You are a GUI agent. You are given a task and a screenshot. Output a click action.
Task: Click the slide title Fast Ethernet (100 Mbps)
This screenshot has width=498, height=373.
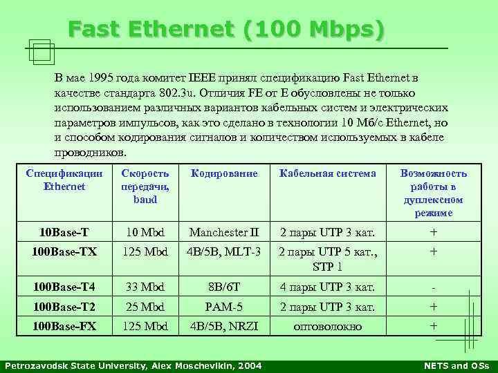[x=226, y=30]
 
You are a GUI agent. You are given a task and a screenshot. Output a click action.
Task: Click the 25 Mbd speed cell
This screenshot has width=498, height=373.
[x=145, y=306]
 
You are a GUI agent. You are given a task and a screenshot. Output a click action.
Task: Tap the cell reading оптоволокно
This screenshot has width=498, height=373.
[x=327, y=325]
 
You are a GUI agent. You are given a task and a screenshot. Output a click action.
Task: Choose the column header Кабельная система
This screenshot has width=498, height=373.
[x=327, y=173]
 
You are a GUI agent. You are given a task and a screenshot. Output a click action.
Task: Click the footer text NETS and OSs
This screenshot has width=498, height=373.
[x=455, y=365]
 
